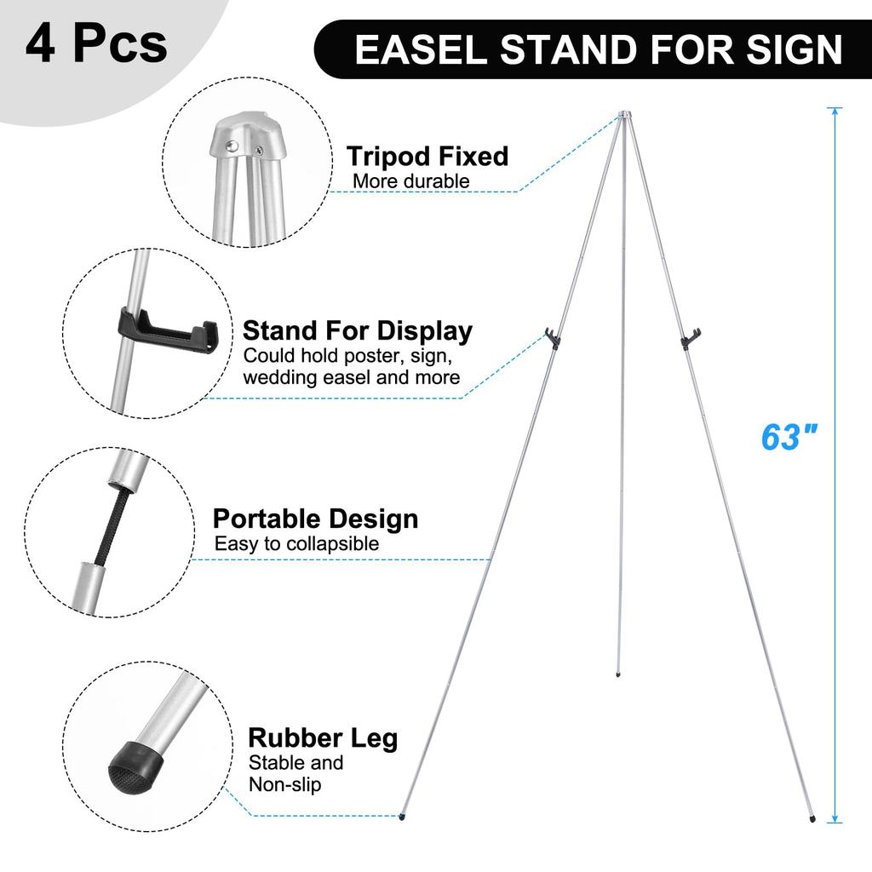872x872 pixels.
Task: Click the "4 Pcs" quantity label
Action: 95,45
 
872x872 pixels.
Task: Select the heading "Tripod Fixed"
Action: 427,156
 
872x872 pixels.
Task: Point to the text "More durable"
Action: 410,181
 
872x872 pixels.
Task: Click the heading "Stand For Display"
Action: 358,330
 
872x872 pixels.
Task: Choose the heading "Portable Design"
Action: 315,519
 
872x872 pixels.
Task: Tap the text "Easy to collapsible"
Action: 296,543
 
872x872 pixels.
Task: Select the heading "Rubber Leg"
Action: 323,737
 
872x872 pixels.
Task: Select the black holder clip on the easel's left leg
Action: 554,338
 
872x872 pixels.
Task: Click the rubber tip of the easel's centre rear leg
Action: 617,674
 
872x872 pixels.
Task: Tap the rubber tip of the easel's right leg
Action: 812,818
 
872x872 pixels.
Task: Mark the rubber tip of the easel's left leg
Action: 401,817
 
